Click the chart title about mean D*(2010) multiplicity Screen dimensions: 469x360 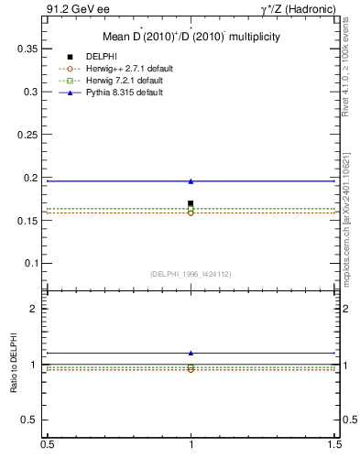pyautogui.click(x=191, y=38)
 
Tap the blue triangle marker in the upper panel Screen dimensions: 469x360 pyautogui.click(x=191, y=181)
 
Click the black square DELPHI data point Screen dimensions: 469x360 pyautogui.click(x=191, y=203)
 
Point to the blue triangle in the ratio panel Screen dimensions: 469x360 pyautogui.click(x=191, y=353)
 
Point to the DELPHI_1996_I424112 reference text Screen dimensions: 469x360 pyautogui.click(x=191, y=274)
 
